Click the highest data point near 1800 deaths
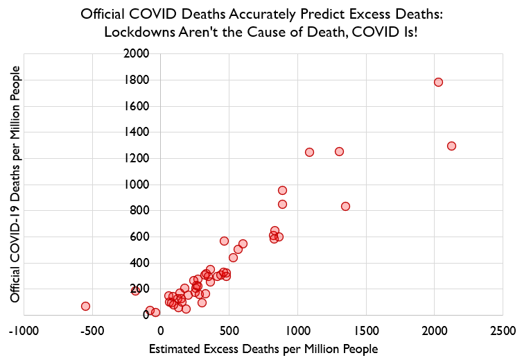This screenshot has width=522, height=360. click(438, 82)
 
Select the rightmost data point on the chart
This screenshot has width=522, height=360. click(451, 146)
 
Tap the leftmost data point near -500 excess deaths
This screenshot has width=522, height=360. click(85, 306)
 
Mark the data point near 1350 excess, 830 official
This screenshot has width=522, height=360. click(345, 206)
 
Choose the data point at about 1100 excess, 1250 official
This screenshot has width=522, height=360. click(309, 152)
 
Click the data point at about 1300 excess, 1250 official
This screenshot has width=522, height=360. click(339, 151)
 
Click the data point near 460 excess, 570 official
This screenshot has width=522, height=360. click(224, 241)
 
